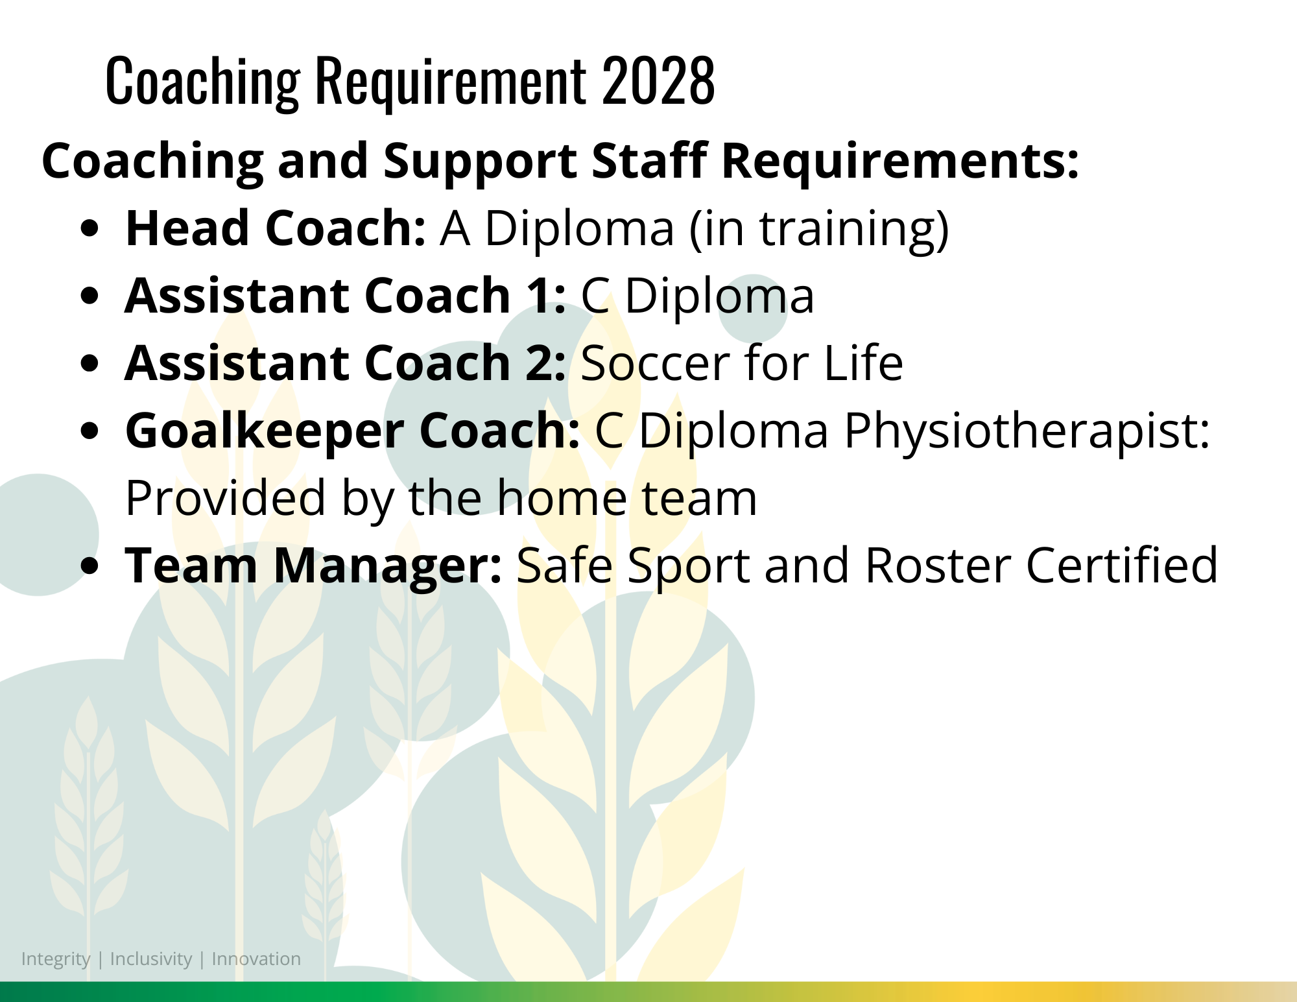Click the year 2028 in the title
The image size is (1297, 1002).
click(x=658, y=80)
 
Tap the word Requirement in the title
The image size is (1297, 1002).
click(x=451, y=83)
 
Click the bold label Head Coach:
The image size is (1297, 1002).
click(x=276, y=228)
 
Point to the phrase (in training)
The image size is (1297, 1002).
click(x=819, y=230)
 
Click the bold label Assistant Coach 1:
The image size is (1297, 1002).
click(x=345, y=296)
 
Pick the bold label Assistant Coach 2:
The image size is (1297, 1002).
click(x=345, y=363)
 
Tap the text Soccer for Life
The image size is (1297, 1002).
click(x=742, y=363)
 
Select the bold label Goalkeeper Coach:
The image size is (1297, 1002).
click(x=352, y=431)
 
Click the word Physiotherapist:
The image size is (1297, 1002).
click(x=1027, y=431)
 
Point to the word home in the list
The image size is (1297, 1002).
click(x=562, y=498)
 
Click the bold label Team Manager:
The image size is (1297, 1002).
click(x=313, y=566)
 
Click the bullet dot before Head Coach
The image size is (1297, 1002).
click(x=90, y=229)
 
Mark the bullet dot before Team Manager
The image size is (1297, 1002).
click(x=90, y=566)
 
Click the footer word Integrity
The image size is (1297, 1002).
click(x=56, y=960)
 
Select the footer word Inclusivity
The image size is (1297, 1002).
click(x=151, y=959)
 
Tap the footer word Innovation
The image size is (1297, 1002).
click(x=256, y=959)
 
